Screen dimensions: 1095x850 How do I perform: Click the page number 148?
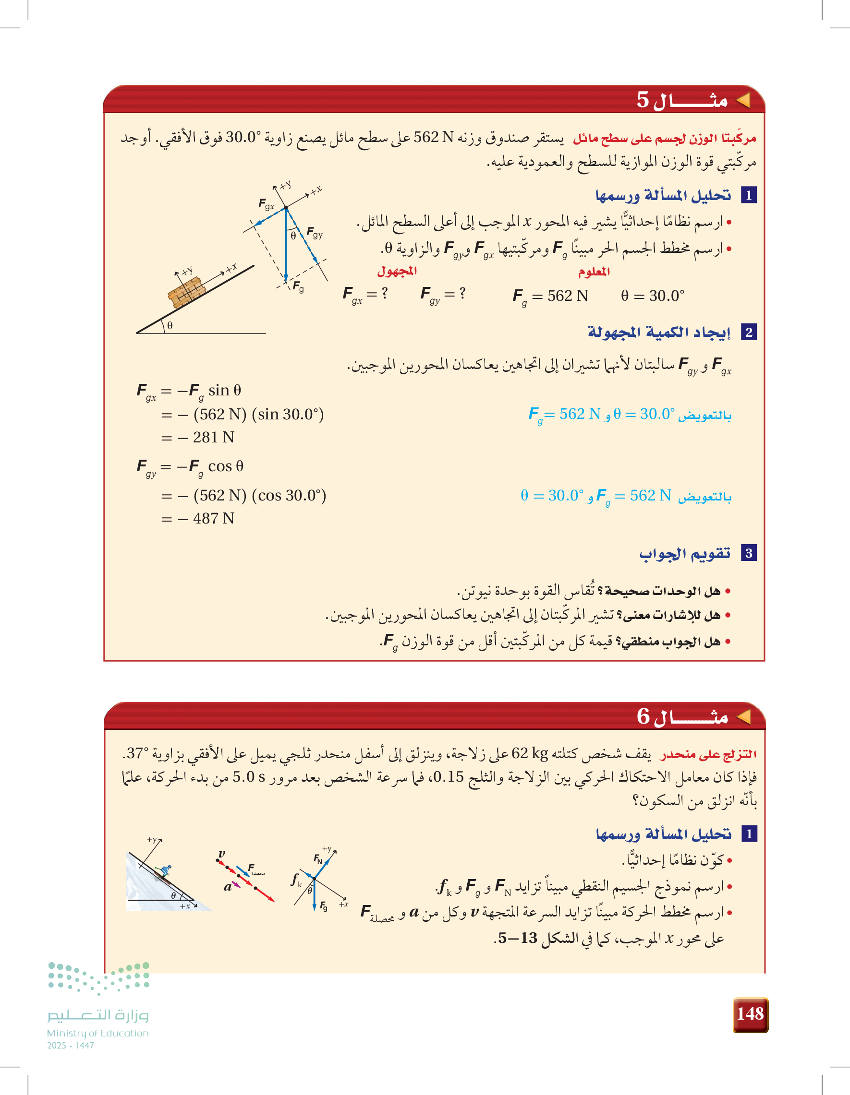pos(750,1014)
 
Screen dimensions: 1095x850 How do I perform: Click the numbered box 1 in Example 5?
pos(749,195)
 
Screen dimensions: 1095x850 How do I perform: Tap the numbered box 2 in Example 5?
pos(749,332)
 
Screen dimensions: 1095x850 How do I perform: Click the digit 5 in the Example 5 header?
pos(643,100)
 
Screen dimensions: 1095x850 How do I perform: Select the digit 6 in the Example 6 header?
pos(643,716)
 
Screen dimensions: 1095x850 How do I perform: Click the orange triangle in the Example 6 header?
pos(743,717)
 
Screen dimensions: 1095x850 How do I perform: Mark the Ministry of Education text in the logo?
pos(98,1033)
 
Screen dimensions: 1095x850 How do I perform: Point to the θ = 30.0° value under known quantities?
pos(652,296)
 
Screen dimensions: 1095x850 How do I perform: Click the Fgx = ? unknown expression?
pos(365,294)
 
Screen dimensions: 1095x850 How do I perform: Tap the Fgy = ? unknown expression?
pos(443,294)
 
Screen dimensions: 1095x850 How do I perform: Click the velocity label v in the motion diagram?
pos(221,853)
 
